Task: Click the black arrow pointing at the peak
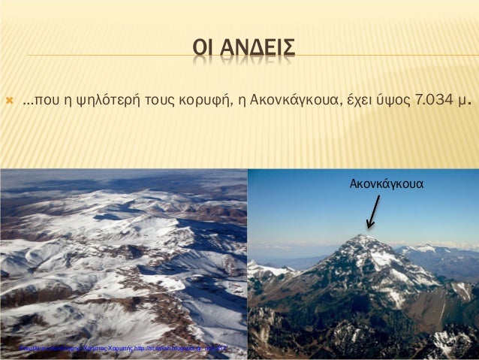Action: coord(372,212)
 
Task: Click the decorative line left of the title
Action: coord(105,53)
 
